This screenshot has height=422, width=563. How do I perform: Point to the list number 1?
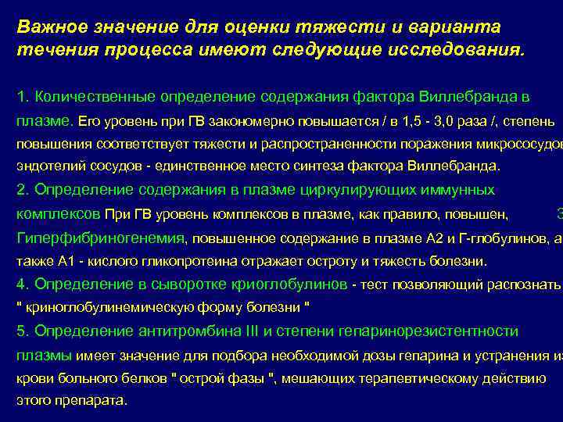pyautogui.click(x=21, y=97)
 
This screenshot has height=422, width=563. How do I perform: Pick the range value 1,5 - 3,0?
pyautogui.click(x=421, y=122)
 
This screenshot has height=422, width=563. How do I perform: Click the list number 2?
pyautogui.click(x=22, y=190)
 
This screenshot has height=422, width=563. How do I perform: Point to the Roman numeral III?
pyautogui.click(x=252, y=331)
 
